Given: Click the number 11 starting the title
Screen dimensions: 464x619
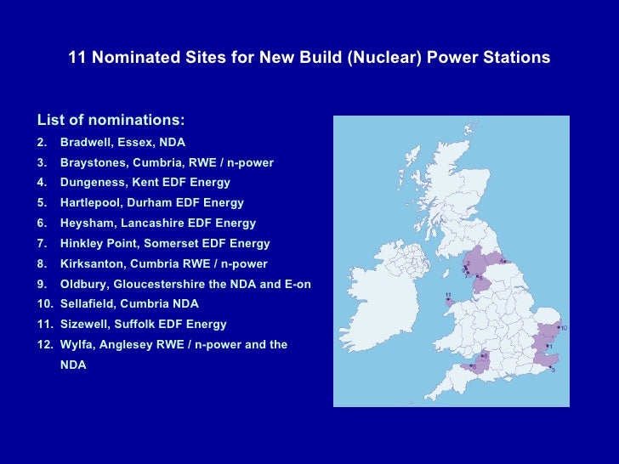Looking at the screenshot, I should point(77,59).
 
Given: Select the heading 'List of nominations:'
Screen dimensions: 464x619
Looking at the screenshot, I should point(111,120).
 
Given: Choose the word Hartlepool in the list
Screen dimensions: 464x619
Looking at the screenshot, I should point(92,203).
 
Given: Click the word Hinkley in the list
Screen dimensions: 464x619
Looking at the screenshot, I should point(83,244).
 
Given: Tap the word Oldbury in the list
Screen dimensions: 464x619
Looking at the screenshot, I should point(83,285).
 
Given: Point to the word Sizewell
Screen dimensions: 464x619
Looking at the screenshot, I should point(87,325).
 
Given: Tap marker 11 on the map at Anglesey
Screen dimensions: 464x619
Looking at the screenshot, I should point(447,297).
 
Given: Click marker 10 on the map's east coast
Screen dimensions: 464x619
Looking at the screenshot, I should point(563,327).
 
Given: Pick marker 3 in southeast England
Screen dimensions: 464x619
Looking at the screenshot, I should point(553,370).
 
